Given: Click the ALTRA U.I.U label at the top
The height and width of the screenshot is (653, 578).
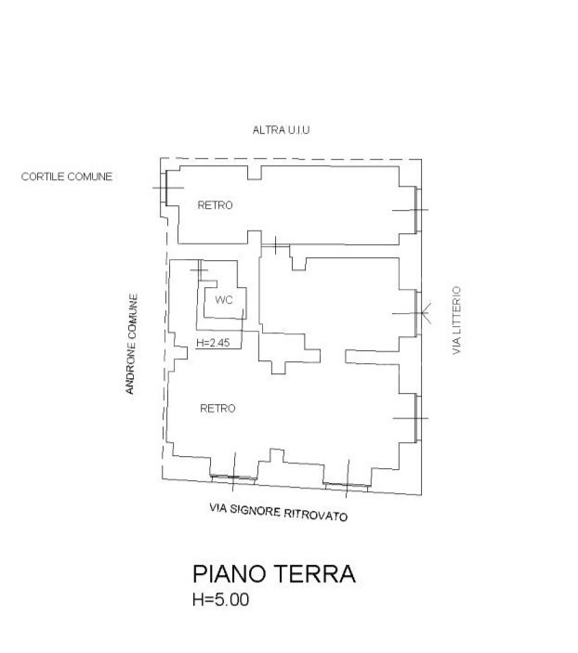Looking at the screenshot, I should [281, 131].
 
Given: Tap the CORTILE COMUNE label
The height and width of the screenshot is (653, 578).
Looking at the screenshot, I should [67, 176].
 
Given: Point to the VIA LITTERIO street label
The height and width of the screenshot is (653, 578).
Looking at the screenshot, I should [456, 320].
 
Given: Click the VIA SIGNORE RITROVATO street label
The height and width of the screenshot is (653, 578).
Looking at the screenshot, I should [279, 512].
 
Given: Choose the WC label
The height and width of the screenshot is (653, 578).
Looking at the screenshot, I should [223, 300].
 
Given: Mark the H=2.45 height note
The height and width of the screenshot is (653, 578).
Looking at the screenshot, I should [214, 343].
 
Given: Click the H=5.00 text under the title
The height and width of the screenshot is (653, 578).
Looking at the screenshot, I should [220, 600].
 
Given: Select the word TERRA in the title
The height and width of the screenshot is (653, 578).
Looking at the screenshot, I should [318, 573].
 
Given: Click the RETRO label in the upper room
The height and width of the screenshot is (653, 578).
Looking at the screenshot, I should [215, 205].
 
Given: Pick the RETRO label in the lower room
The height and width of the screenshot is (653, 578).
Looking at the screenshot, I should [217, 408].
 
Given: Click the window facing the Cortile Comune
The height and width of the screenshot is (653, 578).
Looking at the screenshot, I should [164, 188].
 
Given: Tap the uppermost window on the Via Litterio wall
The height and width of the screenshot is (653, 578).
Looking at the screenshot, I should [417, 209].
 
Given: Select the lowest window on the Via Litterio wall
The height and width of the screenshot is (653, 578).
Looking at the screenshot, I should [417, 417].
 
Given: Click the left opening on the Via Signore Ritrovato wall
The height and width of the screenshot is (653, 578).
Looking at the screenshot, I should [233, 477].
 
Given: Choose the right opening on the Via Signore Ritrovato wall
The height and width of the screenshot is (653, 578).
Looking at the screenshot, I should [348, 484].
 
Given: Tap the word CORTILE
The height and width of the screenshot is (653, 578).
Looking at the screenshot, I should [43, 176].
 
